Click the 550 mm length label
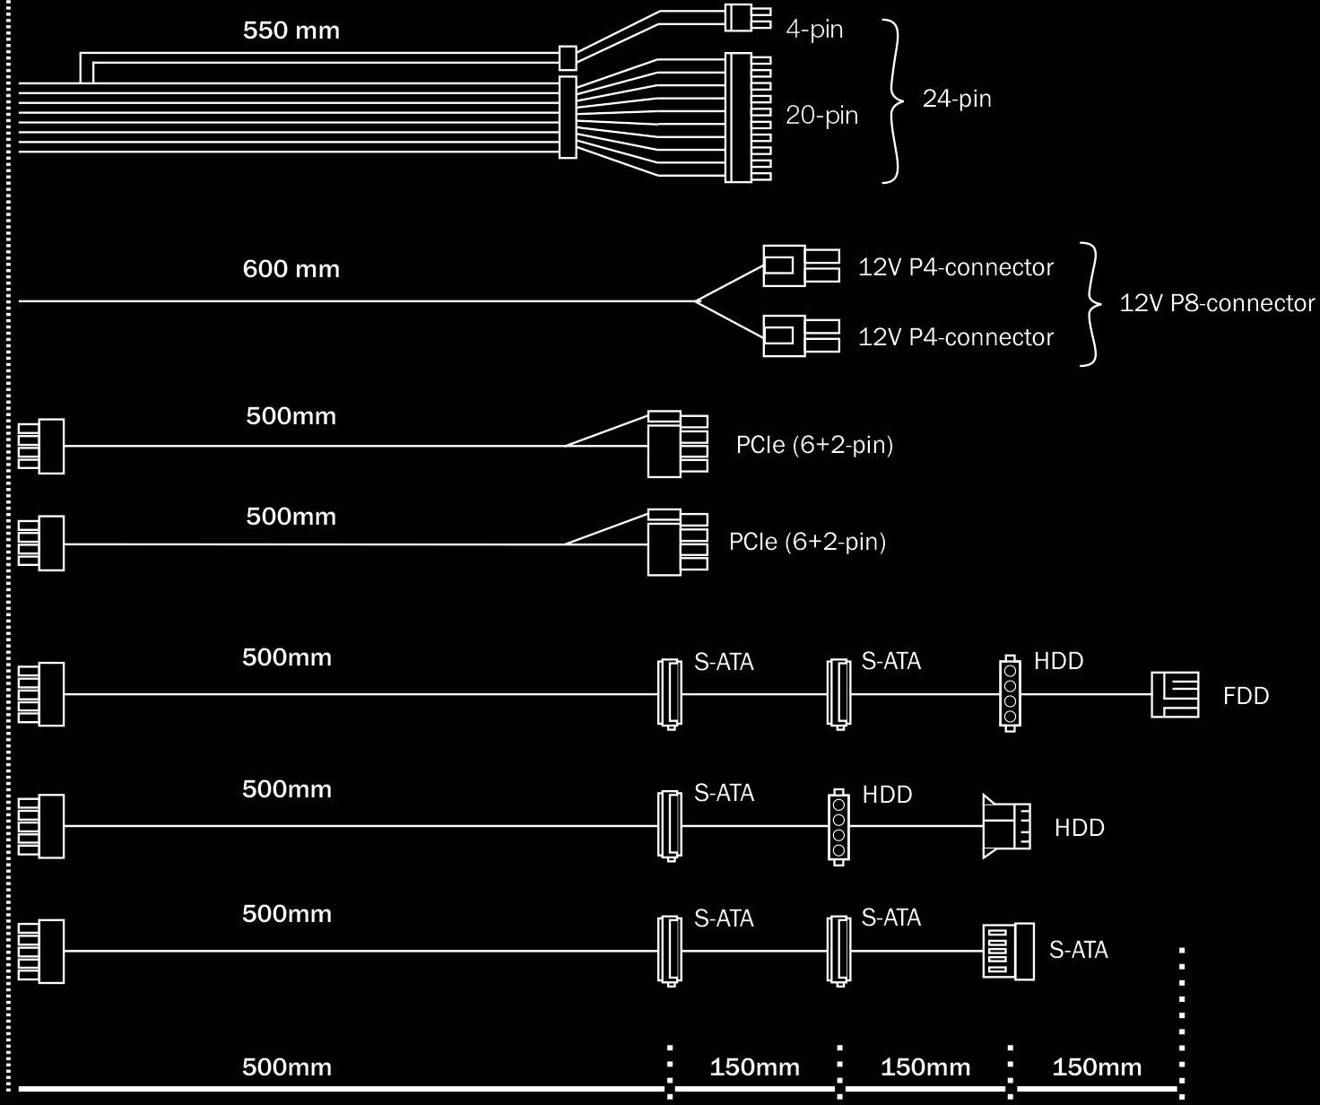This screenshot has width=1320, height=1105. click(291, 31)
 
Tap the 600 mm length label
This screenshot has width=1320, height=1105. click(291, 269)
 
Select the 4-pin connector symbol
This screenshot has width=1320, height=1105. click(746, 18)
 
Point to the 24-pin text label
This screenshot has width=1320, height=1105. click(957, 99)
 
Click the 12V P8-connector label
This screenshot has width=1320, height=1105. click(1217, 303)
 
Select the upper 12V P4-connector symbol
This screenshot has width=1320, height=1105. click(800, 265)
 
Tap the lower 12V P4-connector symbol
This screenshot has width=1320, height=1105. click(800, 335)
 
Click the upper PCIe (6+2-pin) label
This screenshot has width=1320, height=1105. click(814, 445)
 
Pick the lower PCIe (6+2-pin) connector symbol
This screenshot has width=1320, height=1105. click(677, 543)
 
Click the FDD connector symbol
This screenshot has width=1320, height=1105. click(1175, 694)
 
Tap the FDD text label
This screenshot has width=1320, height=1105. click(1246, 696)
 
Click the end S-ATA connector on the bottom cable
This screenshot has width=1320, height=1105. click(1008, 952)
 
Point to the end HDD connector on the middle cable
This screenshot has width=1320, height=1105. click(1006, 826)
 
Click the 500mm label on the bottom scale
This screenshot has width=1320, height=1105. click(287, 1067)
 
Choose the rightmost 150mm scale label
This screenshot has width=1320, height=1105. click(1097, 1067)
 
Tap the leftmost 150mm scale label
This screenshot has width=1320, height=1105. click(754, 1067)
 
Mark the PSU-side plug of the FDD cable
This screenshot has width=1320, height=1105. click(41, 694)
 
